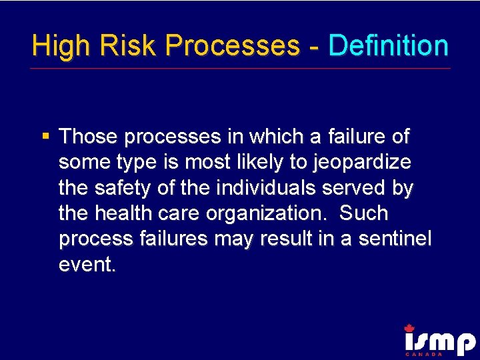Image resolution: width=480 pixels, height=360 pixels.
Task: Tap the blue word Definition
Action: tap(388, 45)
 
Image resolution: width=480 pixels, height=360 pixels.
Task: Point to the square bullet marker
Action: tap(46, 137)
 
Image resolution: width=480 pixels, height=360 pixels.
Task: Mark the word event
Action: tap(87, 265)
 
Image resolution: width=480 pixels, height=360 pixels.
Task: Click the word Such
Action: tap(363, 213)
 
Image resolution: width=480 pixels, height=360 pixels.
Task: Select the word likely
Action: tap(275, 163)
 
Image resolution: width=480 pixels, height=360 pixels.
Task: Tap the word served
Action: tap(355, 188)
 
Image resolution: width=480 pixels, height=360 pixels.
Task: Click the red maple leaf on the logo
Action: tap(409, 327)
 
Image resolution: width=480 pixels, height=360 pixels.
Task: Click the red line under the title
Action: tap(240, 68)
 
